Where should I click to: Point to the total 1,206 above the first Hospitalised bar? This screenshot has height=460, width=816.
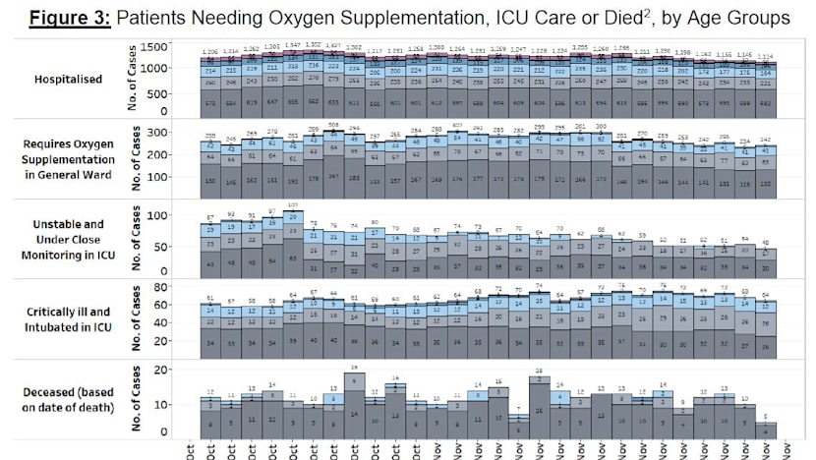click(x=209, y=51)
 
